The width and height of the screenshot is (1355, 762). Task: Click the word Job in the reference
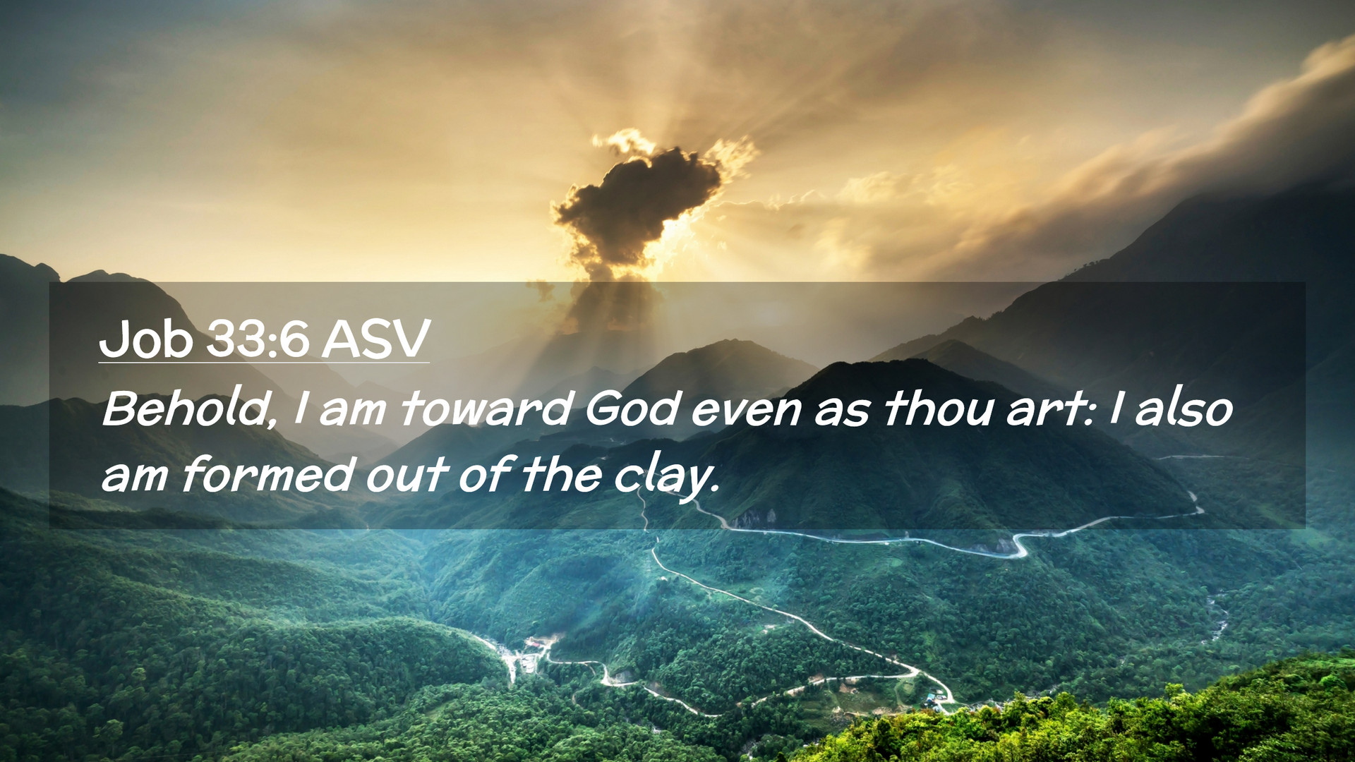pos(145,339)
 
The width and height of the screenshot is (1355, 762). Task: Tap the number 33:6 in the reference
pos(258,339)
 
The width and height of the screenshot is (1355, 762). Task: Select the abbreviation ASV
pos(375,339)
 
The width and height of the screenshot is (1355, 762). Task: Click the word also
pos(1184,409)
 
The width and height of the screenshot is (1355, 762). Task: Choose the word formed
pos(267,474)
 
